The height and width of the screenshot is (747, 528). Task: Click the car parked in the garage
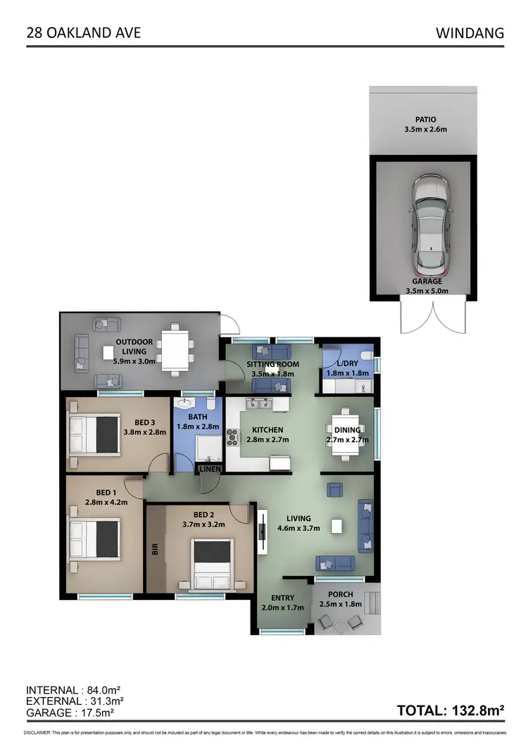pos(429,226)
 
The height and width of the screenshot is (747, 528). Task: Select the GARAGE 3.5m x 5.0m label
pos(427,285)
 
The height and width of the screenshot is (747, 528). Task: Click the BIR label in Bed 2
pos(155,548)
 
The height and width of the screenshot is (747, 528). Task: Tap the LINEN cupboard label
pos(210,469)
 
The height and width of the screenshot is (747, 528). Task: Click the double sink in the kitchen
pos(260,404)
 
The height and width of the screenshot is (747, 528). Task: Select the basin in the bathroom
pos(184,404)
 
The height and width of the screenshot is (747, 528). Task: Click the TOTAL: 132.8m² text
pos(451,710)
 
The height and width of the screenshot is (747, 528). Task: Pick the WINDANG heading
pos(470,33)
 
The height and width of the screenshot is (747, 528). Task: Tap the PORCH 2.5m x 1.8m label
pos(340,599)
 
